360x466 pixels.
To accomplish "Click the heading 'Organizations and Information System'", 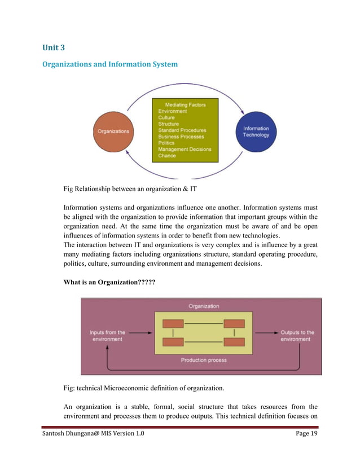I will tap(110, 64).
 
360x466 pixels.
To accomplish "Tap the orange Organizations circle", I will tap(113, 131).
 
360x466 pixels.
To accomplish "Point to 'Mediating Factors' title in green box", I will tap(185, 105).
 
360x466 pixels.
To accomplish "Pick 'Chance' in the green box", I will tap(167, 156).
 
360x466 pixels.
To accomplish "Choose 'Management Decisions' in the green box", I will tap(185, 150).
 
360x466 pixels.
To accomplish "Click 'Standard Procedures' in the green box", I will tap(182, 130).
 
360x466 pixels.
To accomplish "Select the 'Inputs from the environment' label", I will tap(107, 336).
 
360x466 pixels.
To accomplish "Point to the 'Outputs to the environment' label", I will tap(297, 336).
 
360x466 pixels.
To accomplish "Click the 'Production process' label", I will tap(204, 360).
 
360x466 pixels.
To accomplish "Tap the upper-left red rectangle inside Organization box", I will tap(173, 324).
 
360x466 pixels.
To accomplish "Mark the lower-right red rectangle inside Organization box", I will tap(234, 342).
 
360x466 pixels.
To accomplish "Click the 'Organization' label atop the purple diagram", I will tap(204, 306).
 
